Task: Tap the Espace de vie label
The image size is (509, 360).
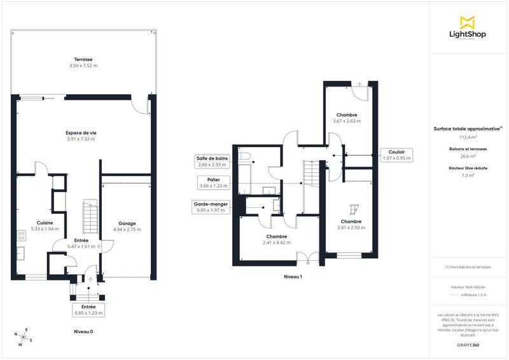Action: [81, 132]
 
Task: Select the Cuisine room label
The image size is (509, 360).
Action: [44, 223]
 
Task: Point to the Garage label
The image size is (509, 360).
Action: [126, 223]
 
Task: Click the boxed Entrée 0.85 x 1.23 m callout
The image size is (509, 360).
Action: [88, 310]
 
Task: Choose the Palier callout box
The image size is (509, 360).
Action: [212, 183]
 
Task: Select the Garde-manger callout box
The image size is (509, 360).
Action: [212, 206]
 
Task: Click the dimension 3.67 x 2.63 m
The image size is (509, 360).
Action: [346, 121]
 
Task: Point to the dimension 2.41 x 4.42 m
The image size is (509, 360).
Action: [278, 242]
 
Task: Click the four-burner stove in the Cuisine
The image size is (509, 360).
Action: [21, 235]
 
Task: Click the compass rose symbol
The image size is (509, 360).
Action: [24, 337]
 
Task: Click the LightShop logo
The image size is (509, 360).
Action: [467, 28]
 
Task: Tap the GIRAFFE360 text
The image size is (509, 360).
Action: [468, 344]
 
